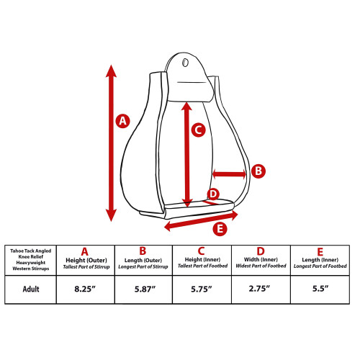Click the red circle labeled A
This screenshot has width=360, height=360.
click(123, 121)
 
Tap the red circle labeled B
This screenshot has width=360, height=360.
click(258, 171)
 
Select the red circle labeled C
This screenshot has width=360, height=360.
click(199, 130)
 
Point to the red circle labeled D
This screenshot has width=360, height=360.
click(213, 194)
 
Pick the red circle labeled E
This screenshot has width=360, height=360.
click(220, 229)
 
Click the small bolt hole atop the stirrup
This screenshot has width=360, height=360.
click(185, 63)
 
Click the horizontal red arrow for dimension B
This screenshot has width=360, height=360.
click(230, 174)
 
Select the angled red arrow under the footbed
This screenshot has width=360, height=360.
click(201, 221)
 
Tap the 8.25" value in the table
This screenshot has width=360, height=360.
click(85, 289)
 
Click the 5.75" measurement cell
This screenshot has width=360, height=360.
click(202, 289)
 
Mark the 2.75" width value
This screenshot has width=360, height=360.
click(259, 288)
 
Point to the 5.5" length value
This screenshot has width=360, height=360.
click(320, 288)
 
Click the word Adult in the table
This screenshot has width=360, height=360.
click(31, 289)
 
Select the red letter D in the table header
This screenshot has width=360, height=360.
click(261, 251)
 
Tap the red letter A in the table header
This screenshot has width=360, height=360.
click(84, 252)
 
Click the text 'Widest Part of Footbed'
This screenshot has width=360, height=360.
click(261, 266)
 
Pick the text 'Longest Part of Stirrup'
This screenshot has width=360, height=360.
click(143, 266)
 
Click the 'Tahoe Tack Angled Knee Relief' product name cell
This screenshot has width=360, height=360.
click(31, 260)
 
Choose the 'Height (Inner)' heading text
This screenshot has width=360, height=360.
click(202, 259)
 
